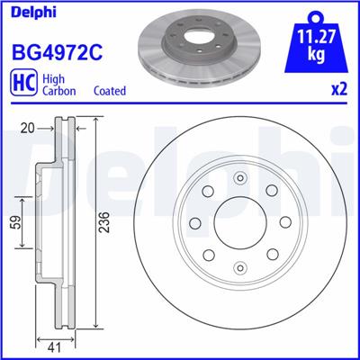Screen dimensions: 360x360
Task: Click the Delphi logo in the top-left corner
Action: tap(33, 13)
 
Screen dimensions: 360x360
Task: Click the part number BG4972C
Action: tap(57, 51)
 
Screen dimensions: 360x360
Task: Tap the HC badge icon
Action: tap(24, 82)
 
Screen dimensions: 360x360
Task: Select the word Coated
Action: tap(110, 91)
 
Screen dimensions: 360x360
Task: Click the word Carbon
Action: tap(59, 91)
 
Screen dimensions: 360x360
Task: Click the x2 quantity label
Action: tap(339, 89)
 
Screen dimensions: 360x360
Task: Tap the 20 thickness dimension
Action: tap(28, 129)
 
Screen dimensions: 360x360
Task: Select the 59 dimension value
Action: tap(18, 222)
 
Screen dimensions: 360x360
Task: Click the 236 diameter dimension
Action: tap(104, 222)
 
